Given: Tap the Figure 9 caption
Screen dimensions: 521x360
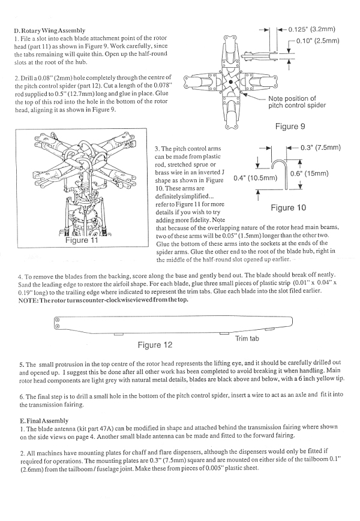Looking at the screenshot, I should (x=290, y=127).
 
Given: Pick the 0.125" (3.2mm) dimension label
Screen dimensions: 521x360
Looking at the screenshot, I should (x=311, y=29).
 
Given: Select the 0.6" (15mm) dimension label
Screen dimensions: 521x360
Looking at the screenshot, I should (x=309, y=174).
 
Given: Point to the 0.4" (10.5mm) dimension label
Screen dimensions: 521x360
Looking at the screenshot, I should (x=255, y=178).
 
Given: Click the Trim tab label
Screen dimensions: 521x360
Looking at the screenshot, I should (x=247, y=339).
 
